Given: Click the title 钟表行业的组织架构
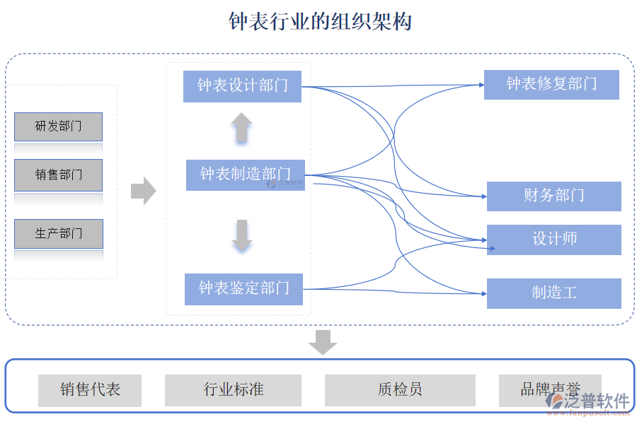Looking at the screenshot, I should click(320, 22).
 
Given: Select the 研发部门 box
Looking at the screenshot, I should click(58, 126).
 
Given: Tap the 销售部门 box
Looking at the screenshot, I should click(58, 175).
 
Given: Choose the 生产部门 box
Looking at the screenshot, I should click(58, 233).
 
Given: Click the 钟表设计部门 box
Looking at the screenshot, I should click(242, 86).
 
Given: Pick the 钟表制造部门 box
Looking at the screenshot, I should click(245, 175).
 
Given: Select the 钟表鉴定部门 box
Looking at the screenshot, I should click(243, 288).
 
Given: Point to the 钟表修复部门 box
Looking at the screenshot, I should click(551, 84).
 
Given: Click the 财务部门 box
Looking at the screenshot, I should click(553, 196).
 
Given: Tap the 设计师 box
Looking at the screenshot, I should click(553, 240).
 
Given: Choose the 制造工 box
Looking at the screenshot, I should click(553, 293).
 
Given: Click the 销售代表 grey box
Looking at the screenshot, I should click(90, 390).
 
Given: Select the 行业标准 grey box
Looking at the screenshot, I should click(233, 390).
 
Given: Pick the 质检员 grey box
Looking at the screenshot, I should click(400, 390).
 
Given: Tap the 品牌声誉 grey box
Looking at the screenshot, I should click(549, 389).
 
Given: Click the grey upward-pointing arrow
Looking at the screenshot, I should click(241, 128).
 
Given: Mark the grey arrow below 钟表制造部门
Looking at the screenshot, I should click(242, 236).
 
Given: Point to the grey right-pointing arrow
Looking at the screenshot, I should click(143, 190).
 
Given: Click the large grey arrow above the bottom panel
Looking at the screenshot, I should click(323, 342).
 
